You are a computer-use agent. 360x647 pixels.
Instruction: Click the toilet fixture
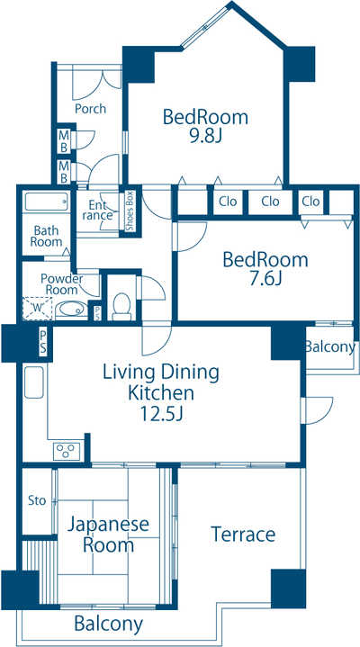(121, 306)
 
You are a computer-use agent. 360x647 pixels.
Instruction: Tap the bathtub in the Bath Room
(46, 202)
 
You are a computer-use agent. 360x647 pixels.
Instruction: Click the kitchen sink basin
(34, 382)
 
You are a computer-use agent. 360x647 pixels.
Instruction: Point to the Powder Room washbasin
(71, 310)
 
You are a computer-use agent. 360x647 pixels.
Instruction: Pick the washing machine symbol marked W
(37, 309)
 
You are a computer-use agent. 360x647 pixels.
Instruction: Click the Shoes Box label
(130, 211)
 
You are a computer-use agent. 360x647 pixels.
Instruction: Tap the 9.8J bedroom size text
(205, 136)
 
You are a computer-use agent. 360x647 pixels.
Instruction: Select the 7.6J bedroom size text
(265, 279)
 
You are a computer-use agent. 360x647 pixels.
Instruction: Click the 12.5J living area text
(161, 413)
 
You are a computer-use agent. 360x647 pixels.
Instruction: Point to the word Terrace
(243, 535)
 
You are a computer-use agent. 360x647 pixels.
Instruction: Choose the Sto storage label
(37, 501)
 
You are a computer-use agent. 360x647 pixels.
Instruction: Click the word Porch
(90, 109)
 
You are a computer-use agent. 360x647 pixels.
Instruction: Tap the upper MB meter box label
(64, 140)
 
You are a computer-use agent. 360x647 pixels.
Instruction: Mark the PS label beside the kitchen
(43, 341)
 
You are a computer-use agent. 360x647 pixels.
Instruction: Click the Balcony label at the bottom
(109, 624)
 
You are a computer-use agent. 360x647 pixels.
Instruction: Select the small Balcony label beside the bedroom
(330, 347)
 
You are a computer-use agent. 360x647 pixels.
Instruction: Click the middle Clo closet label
(270, 202)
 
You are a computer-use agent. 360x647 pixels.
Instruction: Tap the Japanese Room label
(108, 535)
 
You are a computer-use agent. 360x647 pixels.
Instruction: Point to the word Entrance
(97, 210)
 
